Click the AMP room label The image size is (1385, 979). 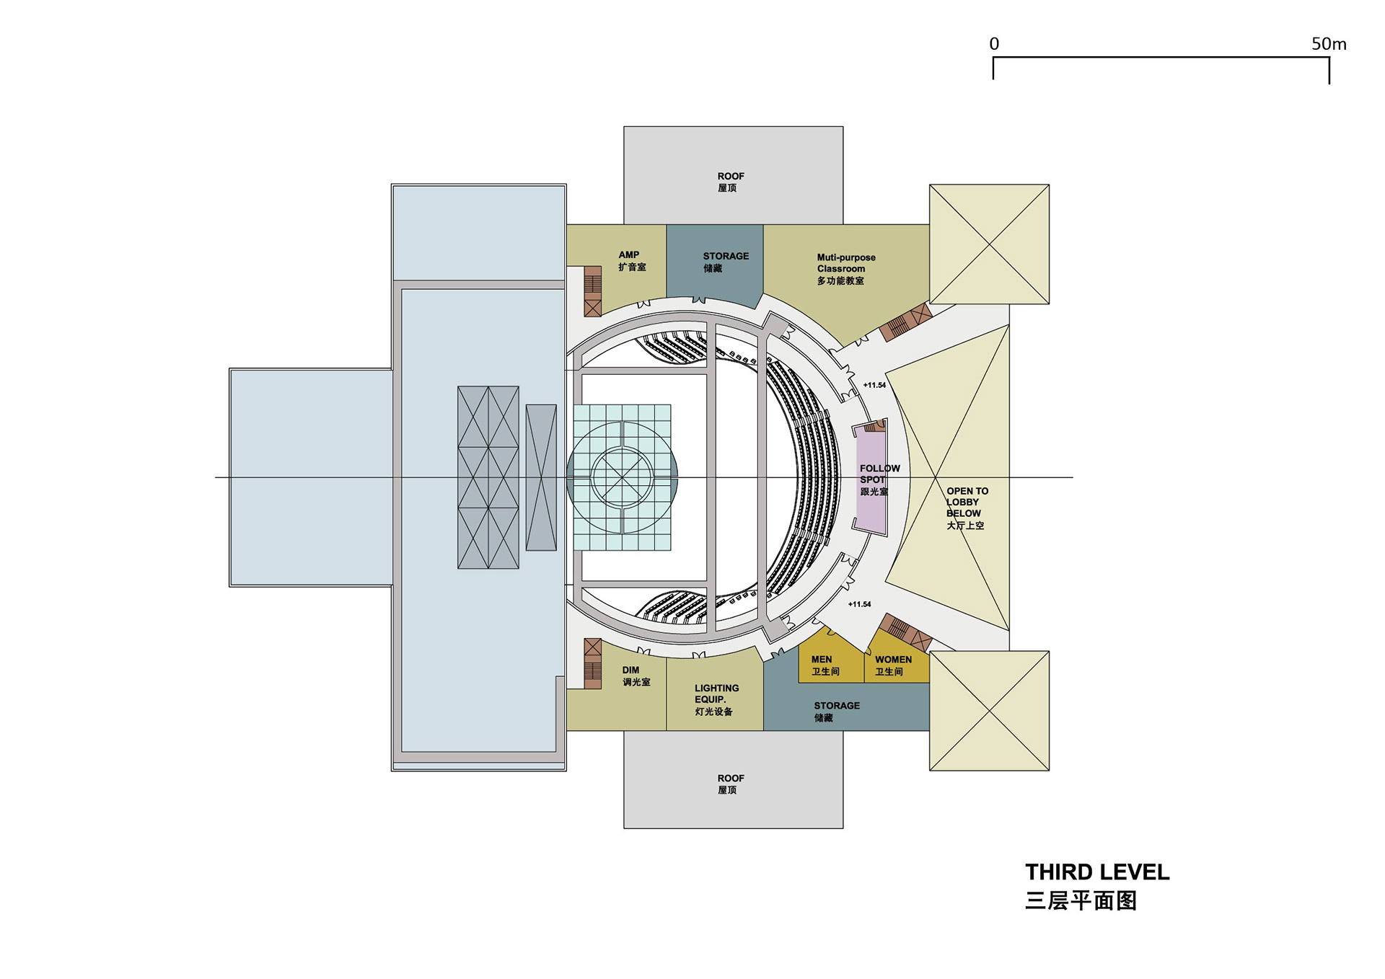pyautogui.click(x=631, y=260)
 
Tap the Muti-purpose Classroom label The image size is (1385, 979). pyautogui.click(x=845, y=269)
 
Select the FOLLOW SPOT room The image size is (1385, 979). pyautogui.click(x=871, y=479)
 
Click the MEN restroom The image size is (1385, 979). pyautogui.click(x=825, y=665)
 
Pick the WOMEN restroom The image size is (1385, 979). pyautogui.click(x=893, y=665)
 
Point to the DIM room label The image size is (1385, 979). pyautogui.click(x=635, y=675)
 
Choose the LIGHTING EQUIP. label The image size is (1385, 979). pyautogui.click(x=716, y=699)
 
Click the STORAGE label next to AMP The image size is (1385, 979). pyautogui.click(x=725, y=262)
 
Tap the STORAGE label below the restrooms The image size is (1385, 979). pyautogui.click(x=836, y=712)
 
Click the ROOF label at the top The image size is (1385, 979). pyautogui.click(x=730, y=182)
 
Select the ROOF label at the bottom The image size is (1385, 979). pyautogui.click(x=730, y=784)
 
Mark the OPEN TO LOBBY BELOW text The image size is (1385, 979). pyautogui.click(x=967, y=508)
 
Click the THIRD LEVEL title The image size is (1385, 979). pyautogui.click(x=1096, y=872)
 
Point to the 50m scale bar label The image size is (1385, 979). pyautogui.click(x=1328, y=44)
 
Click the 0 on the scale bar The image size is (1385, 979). pyautogui.click(x=994, y=44)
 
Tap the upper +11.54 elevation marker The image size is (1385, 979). pyautogui.click(x=874, y=385)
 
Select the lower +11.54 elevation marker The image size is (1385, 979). pyautogui.click(x=859, y=604)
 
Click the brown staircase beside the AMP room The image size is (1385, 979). pyautogui.click(x=592, y=291)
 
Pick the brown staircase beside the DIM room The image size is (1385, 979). pyautogui.click(x=592, y=663)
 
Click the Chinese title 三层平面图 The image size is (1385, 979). pyautogui.click(x=1081, y=901)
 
